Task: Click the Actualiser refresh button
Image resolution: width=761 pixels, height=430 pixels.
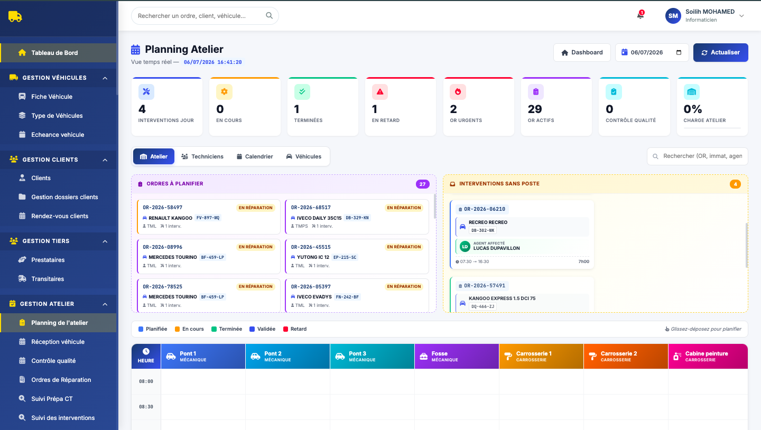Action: pos(721,52)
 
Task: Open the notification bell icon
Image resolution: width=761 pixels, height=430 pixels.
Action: pos(641,15)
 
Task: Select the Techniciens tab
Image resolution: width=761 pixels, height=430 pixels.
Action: pos(202,156)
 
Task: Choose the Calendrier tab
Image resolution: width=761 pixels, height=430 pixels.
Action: pos(255,156)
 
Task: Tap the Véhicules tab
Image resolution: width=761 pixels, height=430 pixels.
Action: pos(304,156)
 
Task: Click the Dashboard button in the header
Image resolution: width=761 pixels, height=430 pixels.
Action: pos(582,52)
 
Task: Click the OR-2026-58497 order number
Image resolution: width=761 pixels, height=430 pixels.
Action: pos(162,207)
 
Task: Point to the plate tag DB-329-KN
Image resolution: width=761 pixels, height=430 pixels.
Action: pos(357,218)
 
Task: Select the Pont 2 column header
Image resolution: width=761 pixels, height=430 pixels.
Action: pos(287,356)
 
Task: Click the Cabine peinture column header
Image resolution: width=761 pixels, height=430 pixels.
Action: pos(708,356)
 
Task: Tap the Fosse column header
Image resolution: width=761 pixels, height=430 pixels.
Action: pos(457,356)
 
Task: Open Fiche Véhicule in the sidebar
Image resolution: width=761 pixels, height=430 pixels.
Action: pos(52,97)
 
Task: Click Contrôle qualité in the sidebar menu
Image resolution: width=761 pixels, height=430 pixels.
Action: pos(53,361)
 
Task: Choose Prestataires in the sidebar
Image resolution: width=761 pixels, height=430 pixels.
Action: pos(48,260)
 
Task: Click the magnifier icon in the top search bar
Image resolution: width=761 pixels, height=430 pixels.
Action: pos(269,15)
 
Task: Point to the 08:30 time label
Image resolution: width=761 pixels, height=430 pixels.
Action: pos(146,407)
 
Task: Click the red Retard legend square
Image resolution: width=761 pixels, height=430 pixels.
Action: pos(286,329)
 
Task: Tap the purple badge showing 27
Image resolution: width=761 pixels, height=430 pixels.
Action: pos(422,184)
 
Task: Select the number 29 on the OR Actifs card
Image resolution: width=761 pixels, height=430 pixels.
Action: pos(535,109)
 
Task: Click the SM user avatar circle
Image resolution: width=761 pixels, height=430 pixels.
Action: pos(673,16)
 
